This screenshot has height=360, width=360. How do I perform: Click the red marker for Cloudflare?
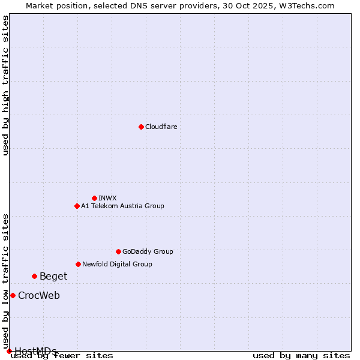(141, 127)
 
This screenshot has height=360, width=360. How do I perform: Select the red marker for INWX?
(94, 198)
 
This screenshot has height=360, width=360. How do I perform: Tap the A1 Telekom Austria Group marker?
(77, 206)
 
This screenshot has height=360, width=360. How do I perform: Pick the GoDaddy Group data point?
(118, 251)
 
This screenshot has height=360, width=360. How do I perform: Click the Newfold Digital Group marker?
(78, 264)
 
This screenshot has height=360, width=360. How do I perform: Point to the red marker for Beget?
(34, 276)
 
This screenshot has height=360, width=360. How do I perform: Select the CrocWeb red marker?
(13, 295)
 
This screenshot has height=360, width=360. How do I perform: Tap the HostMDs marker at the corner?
(9, 351)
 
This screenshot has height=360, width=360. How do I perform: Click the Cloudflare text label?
(161, 127)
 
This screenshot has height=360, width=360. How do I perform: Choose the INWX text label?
(108, 198)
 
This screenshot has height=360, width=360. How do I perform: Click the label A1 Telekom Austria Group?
(122, 206)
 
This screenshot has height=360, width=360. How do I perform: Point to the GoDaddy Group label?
(148, 251)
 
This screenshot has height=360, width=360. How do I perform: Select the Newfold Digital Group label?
(117, 264)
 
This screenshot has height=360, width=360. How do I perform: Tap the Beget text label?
(53, 276)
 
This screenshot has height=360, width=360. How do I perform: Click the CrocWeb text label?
(39, 295)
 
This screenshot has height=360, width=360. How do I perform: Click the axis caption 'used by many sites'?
(301, 355)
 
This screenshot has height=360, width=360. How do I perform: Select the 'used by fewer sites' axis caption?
(62, 355)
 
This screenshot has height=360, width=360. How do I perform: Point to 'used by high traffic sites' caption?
(6, 85)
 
